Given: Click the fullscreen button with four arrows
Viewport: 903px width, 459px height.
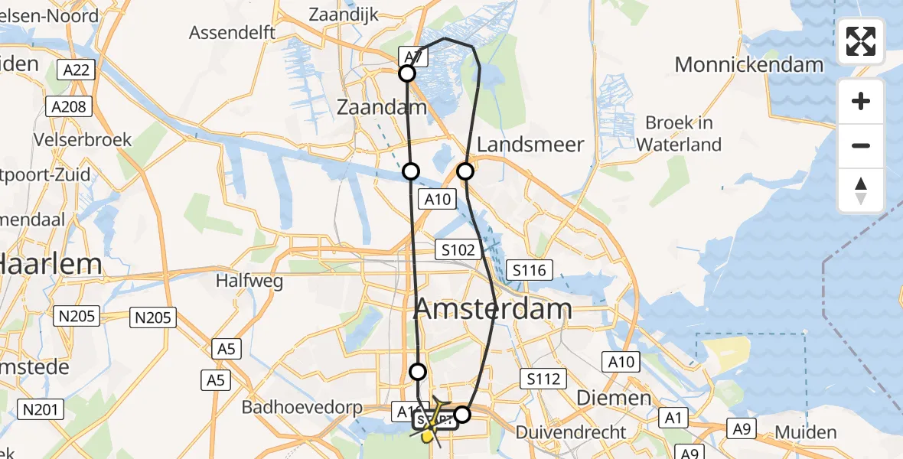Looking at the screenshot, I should click(x=861, y=41).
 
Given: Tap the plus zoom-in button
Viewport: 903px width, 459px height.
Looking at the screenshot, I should click(x=861, y=101).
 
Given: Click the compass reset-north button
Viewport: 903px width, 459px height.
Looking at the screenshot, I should click(x=861, y=190).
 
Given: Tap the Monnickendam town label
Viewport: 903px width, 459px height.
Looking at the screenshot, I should click(x=748, y=64).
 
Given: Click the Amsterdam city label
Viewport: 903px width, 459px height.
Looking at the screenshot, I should click(x=493, y=309).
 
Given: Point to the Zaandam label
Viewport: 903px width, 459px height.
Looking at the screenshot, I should click(x=381, y=108).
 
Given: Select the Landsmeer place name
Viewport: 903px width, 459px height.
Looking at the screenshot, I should click(x=530, y=144).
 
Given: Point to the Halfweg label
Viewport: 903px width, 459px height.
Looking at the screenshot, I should click(x=249, y=281).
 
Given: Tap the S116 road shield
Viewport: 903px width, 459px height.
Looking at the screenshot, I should click(x=529, y=269).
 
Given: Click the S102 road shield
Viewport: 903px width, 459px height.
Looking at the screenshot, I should click(x=458, y=249).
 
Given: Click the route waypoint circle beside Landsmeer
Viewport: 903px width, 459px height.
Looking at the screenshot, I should click(x=465, y=171).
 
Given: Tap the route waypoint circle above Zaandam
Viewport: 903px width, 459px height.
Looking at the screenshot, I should click(x=407, y=73).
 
